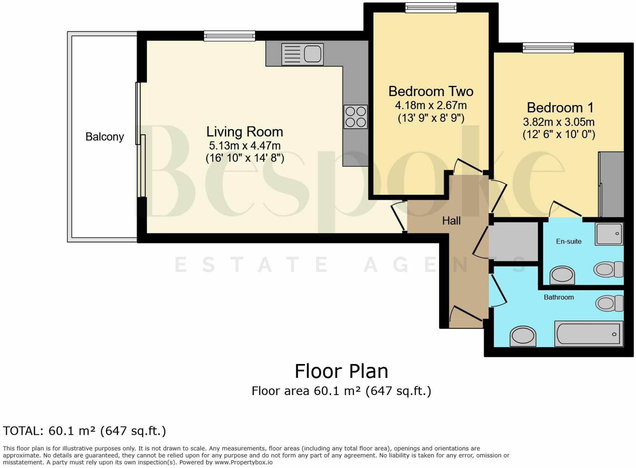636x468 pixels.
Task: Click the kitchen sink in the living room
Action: (302, 54)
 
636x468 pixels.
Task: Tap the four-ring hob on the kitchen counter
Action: (356, 117)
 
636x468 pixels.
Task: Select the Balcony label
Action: (104, 137)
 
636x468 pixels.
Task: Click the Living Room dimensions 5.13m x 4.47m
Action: (245, 146)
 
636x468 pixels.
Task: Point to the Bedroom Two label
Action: (431, 91)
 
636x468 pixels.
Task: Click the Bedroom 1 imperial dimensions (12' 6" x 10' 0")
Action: (559, 134)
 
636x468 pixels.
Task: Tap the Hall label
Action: (451, 221)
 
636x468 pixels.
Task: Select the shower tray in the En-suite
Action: (610, 234)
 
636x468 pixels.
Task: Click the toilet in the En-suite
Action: (609, 269)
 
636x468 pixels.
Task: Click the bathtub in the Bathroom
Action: (589, 333)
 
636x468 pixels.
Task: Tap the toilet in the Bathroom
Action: (609, 303)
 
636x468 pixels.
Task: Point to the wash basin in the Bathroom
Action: (523, 336)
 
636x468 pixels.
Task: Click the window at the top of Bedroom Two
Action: (430, 8)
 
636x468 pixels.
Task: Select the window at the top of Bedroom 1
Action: (548, 48)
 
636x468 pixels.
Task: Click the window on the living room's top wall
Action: (229, 35)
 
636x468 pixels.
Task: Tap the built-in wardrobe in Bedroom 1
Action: (612, 184)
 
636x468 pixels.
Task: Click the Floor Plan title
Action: (341, 371)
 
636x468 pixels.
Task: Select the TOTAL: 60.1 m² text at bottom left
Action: (84, 431)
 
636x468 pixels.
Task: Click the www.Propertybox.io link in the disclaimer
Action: (244, 462)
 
